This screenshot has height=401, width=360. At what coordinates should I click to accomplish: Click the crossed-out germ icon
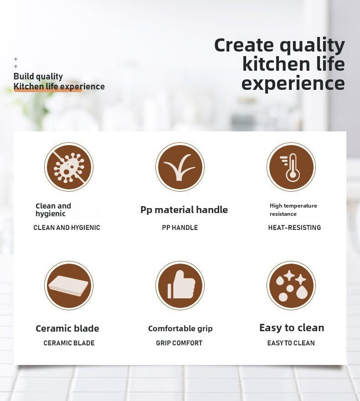tap(69, 167)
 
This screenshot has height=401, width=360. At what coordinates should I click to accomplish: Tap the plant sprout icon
tap(180, 167)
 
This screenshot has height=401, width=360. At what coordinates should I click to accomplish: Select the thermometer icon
tap(291, 167)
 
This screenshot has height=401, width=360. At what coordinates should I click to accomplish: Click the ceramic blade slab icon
tap(69, 286)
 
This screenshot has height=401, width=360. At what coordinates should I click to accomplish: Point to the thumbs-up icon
tap(180, 286)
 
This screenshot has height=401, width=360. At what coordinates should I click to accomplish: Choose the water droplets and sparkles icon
tap(291, 286)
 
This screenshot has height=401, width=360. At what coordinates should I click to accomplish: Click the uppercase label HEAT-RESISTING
tap(294, 228)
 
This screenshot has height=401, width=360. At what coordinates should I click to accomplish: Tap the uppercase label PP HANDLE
tap(180, 228)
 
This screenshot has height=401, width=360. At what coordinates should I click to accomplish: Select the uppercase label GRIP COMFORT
tap(179, 343)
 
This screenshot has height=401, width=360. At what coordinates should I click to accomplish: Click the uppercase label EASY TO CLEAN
tap(291, 343)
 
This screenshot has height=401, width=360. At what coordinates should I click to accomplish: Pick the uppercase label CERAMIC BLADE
tap(69, 343)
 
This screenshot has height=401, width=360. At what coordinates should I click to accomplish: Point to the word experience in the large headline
tap(293, 84)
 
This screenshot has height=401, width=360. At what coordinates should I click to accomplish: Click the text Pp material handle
tap(184, 210)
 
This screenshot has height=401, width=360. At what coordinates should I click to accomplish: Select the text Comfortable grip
tap(180, 328)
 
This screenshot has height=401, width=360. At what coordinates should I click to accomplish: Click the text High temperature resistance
tap(293, 210)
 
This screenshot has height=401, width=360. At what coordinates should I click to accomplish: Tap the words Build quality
tap(38, 77)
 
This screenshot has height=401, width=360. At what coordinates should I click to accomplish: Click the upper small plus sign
tap(15, 59)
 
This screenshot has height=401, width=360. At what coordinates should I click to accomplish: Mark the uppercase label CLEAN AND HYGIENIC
tap(67, 228)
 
